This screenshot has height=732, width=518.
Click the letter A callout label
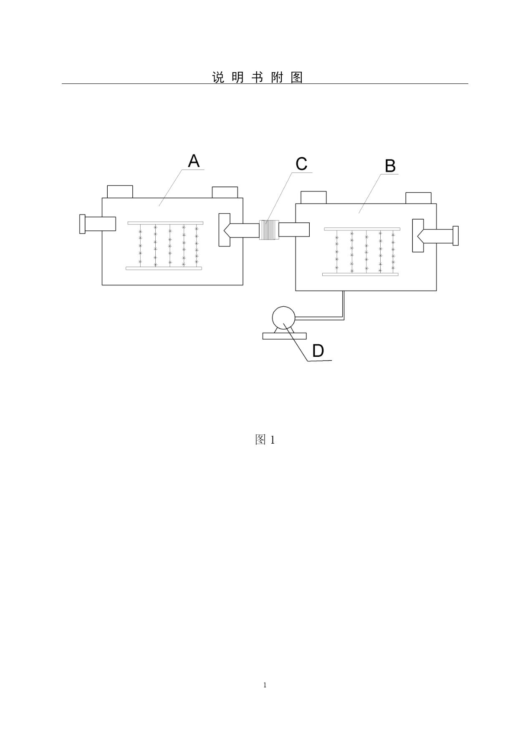point(194,161)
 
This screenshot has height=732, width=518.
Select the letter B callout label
point(390,166)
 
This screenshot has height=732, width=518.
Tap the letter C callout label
point(301,164)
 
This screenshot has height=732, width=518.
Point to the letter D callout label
point(318,351)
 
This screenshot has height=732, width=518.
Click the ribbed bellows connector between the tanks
point(269,230)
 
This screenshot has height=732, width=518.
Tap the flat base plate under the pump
point(284,336)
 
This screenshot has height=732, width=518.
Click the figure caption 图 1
point(265,439)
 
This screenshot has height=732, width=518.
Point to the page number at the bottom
point(265,685)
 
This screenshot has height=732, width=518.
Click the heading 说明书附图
point(258,77)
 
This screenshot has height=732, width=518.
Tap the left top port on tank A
point(120,192)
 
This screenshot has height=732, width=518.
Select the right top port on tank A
point(225,192)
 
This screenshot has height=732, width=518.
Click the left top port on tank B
point(313,197)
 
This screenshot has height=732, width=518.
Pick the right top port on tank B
point(419,198)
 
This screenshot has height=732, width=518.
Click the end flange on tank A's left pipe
point(82,224)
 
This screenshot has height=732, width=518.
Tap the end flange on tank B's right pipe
point(455,236)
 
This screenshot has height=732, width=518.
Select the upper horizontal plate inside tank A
point(165,223)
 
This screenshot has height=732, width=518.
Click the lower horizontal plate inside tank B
point(360,274)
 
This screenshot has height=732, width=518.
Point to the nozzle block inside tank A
point(224,230)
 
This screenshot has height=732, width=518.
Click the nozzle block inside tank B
point(418,235)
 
